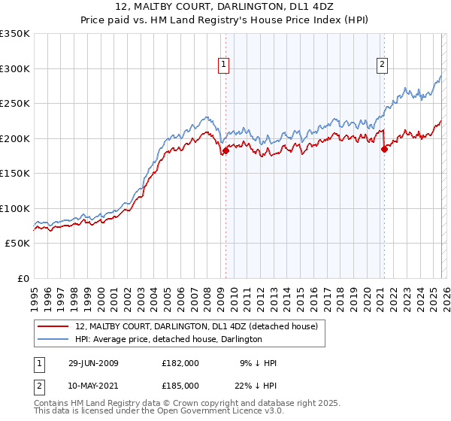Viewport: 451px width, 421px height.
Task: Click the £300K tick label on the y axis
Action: (15, 68)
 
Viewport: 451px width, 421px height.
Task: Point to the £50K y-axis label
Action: (17, 244)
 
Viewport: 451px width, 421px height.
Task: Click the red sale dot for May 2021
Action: (384, 149)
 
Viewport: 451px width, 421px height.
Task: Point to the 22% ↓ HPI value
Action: (254, 385)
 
